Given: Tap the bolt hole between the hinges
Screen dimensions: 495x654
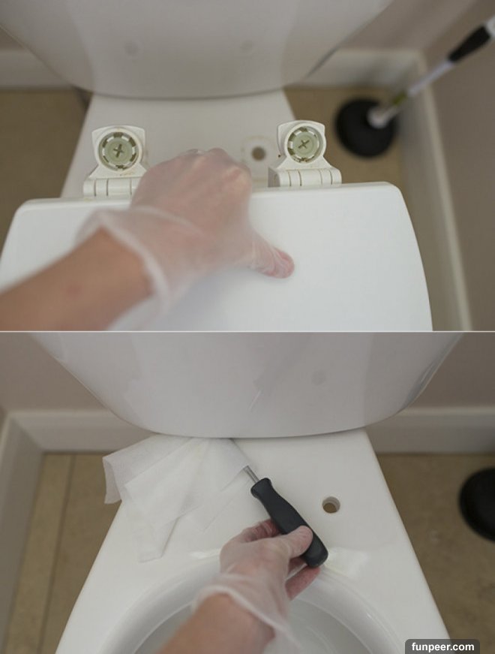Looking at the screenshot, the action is coord(258,153).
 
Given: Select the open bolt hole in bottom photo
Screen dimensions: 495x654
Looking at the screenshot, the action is coord(331,505).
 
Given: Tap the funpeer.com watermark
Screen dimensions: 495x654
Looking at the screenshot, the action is coord(442,646).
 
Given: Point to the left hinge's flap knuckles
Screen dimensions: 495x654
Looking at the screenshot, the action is coord(109,185).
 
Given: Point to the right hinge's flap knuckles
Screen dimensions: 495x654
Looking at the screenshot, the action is coord(306,177).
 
